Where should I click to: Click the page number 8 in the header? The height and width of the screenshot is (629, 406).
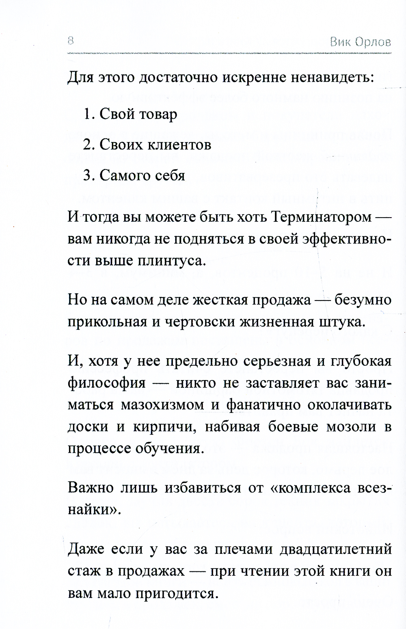[x=70, y=41]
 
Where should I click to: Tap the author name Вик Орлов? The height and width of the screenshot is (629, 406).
[x=361, y=42]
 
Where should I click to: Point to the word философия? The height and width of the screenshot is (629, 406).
[x=106, y=383]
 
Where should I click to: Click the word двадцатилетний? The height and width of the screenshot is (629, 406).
[x=336, y=549]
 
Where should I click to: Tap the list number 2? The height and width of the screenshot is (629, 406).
[x=88, y=145]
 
